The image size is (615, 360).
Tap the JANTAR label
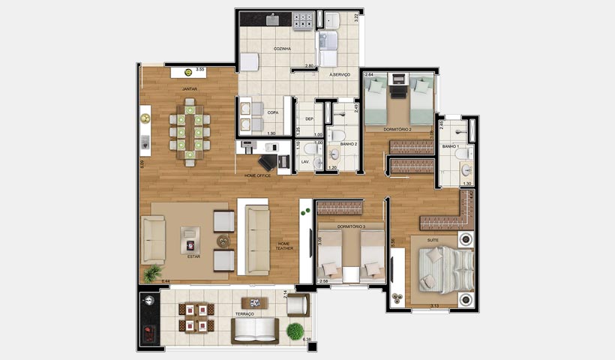tap(190, 88)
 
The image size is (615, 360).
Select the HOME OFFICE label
tap(257, 175)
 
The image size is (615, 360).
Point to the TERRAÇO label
tap(244, 313)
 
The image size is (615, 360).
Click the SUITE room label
tap(433, 240)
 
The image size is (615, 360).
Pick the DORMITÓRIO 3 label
tap(351, 226)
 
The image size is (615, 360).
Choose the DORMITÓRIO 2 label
tap(397, 130)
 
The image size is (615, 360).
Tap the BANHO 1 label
tap(450, 146)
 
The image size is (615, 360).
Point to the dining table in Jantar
tap(190, 133)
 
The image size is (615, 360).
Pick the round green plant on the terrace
tap(296, 330)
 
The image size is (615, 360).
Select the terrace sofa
tap(255, 330)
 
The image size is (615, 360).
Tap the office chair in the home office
tap(267, 162)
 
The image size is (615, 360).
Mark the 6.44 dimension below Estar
tap(166, 280)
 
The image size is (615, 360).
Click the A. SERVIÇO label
tap(340, 74)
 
